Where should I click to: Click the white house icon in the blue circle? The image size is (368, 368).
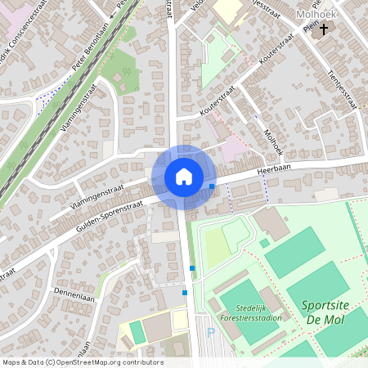[x=183, y=177]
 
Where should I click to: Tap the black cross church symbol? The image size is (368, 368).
[x=325, y=29]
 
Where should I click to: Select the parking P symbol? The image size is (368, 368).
[x=210, y=333]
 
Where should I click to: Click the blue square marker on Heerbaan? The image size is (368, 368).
[x=212, y=187]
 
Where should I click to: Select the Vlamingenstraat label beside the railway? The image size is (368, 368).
[x=83, y=114]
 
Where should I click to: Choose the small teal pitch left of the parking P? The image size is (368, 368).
[x=136, y=331]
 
